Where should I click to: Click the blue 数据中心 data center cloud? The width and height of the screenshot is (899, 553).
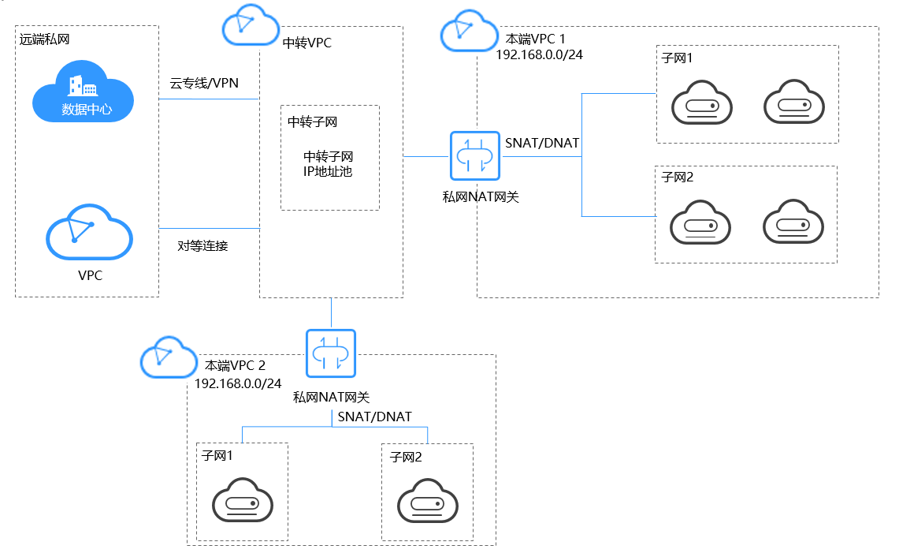click(83, 96)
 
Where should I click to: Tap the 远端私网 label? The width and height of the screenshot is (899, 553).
click(45, 39)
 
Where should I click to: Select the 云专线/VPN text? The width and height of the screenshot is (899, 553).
click(203, 83)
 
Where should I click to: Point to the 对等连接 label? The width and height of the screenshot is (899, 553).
click(202, 245)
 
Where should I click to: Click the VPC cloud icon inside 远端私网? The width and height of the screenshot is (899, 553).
click(89, 233)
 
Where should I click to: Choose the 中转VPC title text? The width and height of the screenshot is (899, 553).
click(307, 43)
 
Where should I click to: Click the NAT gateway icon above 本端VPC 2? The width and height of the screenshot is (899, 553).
click(331, 353)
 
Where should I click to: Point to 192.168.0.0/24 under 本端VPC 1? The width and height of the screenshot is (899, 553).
click(539, 54)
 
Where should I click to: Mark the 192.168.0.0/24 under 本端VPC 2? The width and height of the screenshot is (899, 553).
click(238, 383)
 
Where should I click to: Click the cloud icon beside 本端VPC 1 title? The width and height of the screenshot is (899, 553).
click(469, 31)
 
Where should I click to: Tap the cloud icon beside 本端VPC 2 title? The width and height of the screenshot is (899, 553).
click(169, 359)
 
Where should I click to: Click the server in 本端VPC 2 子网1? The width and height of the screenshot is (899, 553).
click(242, 501)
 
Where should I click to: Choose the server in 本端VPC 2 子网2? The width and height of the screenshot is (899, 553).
click(427, 501)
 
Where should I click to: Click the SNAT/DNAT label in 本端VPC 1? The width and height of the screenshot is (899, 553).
click(542, 143)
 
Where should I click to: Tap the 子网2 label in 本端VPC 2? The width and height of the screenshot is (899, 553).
click(407, 457)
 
